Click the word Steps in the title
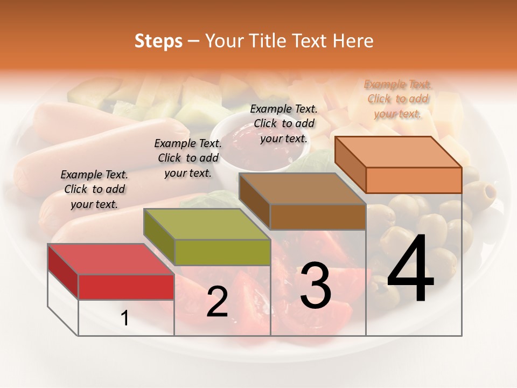click(158, 41)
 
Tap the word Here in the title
click(353, 41)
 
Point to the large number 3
click(315, 286)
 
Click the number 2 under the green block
click(217, 302)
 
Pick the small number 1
click(125, 318)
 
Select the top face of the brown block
click(302, 189)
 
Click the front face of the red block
click(126, 287)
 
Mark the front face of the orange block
click(414, 180)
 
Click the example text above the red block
click(94, 189)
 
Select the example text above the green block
click(188, 158)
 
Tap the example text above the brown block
click(284, 123)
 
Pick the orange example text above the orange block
click(398, 99)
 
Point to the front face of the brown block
click(318, 217)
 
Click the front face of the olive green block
click(222, 252)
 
